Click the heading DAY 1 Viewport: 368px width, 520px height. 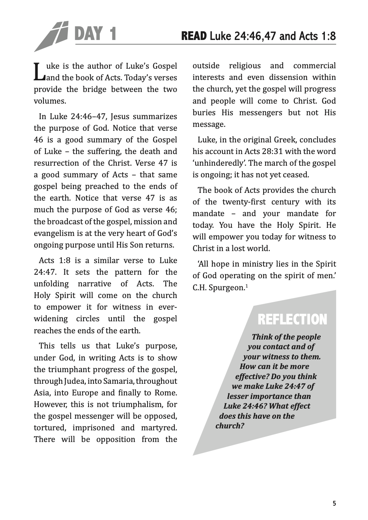[x=95, y=34]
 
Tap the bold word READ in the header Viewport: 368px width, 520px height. [x=194, y=36]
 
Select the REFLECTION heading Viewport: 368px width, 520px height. [x=292, y=320]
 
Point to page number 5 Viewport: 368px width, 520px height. [x=334, y=504]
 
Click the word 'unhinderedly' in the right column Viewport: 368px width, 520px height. [x=217, y=163]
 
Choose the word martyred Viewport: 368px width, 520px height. [x=160, y=428]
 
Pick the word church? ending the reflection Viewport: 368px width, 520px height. [x=230, y=426]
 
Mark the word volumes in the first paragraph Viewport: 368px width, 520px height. [x=49, y=101]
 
